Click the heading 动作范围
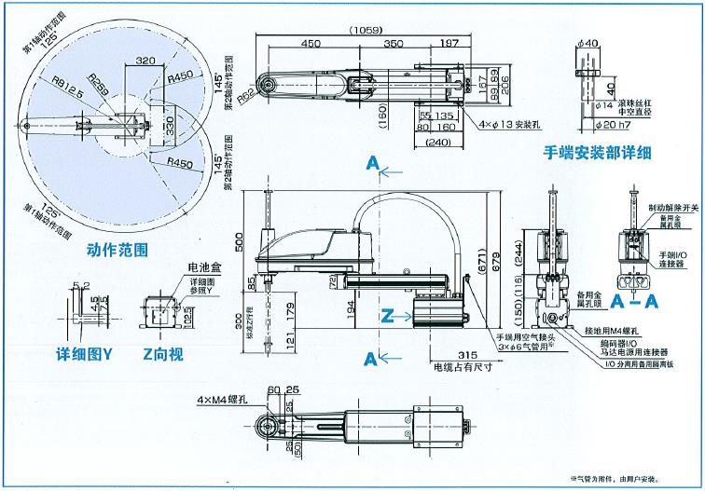coord(117,249)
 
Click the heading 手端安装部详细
coord(598,153)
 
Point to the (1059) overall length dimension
coord(366,30)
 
